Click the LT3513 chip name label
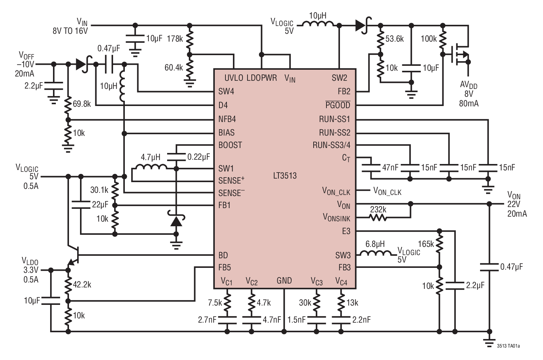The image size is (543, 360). pyautogui.click(x=285, y=176)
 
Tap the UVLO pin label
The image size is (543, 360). pyautogui.click(x=234, y=78)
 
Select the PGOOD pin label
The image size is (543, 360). pyautogui.click(x=338, y=105)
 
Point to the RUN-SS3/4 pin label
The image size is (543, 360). pyautogui.click(x=331, y=145)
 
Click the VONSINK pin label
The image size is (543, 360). pyautogui.click(x=336, y=217)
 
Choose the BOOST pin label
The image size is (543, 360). pyautogui.click(x=230, y=145)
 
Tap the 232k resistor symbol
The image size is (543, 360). pyautogui.click(x=378, y=217)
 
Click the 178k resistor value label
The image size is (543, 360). pyautogui.click(x=175, y=39)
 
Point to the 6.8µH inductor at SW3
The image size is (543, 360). pyautogui.click(x=375, y=254)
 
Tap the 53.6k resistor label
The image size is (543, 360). pyautogui.click(x=394, y=39)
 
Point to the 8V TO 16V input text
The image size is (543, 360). pyautogui.click(x=70, y=31)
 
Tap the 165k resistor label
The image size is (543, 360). pyautogui.click(x=426, y=244)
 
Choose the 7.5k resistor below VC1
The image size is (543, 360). pyautogui.click(x=227, y=302)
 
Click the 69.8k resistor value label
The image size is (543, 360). pyautogui.click(x=82, y=104)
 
